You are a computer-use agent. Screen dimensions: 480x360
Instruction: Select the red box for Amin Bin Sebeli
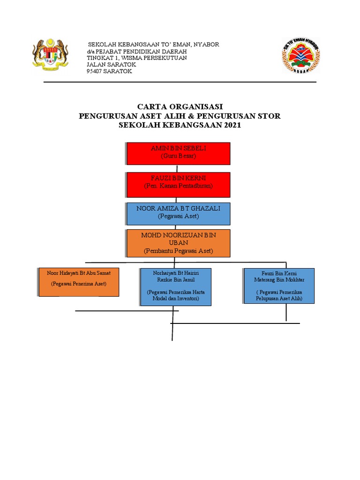[x=178, y=153]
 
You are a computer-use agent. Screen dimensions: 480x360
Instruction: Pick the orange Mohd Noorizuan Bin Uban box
[x=178, y=243]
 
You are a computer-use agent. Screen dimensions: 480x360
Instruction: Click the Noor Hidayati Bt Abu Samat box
[x=79, y=282]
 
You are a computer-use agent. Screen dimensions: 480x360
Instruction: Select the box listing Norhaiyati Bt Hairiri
[x=175, y=286]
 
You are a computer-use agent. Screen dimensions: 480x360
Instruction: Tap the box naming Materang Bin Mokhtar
[x=279, y=285]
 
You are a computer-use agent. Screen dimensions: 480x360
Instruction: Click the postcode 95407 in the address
[x=97, y=72]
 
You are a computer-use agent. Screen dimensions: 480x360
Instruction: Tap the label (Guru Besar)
[x=178, y=155]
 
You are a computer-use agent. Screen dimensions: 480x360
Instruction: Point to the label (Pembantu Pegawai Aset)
[x=178, y=251]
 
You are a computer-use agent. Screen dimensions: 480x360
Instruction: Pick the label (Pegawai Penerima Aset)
[x=79, y=284]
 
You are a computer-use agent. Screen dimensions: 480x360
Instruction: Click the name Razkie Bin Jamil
[x=175, y=280]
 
